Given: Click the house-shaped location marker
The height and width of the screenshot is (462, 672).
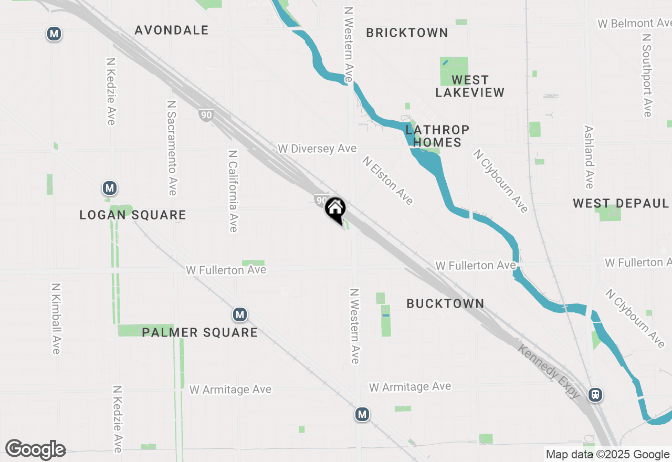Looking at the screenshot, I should (335, 209).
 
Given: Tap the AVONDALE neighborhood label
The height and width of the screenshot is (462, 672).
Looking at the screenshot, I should (172, 30).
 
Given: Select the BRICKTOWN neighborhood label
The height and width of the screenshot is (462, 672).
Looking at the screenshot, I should (407, 33).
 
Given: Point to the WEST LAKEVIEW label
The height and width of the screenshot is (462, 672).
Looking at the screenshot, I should (470, 86).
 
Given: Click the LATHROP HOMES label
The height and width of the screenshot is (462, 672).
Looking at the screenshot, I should (437, 136).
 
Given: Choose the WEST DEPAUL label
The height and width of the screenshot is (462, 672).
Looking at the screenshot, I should (621, 204).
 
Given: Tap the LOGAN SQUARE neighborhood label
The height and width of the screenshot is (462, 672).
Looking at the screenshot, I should (133, 215).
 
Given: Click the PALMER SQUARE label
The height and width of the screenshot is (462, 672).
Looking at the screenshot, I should (199, 332).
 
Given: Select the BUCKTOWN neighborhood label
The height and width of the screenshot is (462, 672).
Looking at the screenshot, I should (445, 303).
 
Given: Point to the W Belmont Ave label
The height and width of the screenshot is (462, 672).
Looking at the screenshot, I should (634, 24).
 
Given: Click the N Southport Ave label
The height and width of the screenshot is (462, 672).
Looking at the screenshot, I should (647, 76).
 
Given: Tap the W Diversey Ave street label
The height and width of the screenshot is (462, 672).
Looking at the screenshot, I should (317, 149).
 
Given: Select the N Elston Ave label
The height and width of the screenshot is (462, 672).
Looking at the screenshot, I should (387, 180).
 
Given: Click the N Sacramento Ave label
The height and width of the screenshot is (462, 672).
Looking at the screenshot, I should (172, 148).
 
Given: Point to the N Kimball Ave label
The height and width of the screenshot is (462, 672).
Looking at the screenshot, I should (56, 319).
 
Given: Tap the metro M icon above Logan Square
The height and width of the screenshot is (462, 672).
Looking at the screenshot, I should (109, 188).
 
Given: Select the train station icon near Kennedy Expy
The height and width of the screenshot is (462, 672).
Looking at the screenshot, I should (595, 394).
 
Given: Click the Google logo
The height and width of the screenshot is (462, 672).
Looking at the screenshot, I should (35, 450).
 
